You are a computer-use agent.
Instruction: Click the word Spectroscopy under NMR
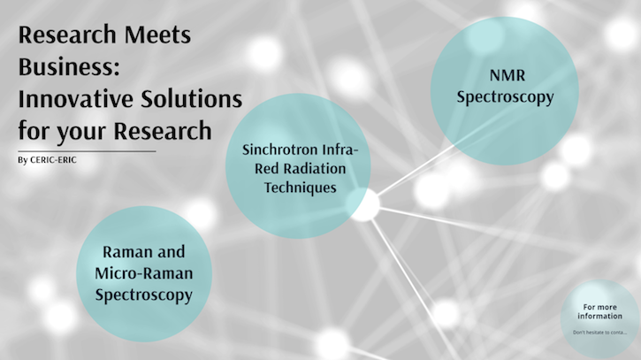(x=505, y=96)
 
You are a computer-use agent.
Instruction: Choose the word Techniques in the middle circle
(x=298, y=188)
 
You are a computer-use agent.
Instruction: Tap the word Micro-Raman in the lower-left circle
(x=142, y=273)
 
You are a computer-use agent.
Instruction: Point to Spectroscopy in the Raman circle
(x=142, y=294)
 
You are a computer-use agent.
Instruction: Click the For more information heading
(x=600, y=311)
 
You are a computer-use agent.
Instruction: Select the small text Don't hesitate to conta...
(x=600, y=333)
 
